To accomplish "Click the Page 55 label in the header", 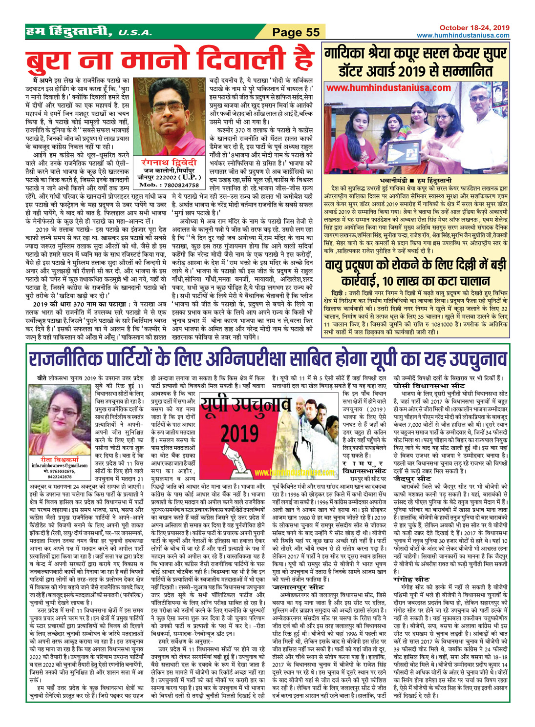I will (296, 32).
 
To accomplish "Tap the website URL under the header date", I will (463, 35).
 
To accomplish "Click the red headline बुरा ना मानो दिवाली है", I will (170, 59).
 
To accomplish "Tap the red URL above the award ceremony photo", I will (388, 88).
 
